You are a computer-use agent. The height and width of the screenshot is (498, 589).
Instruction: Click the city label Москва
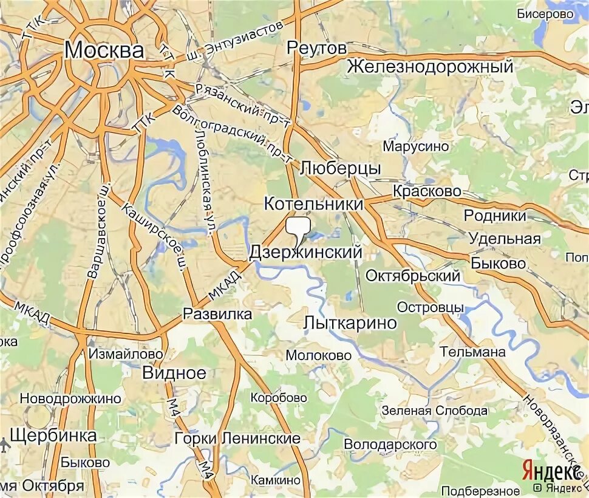click(x=104, y=50)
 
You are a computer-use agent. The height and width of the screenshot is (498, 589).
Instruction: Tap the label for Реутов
click(x=316, y=47)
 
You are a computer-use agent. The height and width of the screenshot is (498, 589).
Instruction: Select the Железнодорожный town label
click(x=431, y=66)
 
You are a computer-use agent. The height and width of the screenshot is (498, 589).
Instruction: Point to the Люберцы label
click(x=340, y=168)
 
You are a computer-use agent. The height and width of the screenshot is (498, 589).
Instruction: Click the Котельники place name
click(x=313, y=204)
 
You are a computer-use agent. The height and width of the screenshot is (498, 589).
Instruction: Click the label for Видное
click(x=174, y=372)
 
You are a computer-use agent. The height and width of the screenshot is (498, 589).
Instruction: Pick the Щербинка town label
click(x=53, y=435)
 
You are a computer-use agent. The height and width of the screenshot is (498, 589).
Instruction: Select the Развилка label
click(x=217, y=314)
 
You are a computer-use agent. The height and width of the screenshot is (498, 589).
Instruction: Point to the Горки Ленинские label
click(x=237, y=438)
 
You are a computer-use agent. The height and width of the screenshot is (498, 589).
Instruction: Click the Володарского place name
click(x=390, y=445)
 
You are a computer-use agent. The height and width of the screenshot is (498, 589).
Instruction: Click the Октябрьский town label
click(x=412, y=276)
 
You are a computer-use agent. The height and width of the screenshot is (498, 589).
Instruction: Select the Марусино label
click(x=416, y=146)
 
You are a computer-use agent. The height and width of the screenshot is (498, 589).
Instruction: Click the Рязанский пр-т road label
click(x=242, y=104)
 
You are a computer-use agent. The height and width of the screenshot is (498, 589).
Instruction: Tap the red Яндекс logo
click(x=550, y=471)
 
